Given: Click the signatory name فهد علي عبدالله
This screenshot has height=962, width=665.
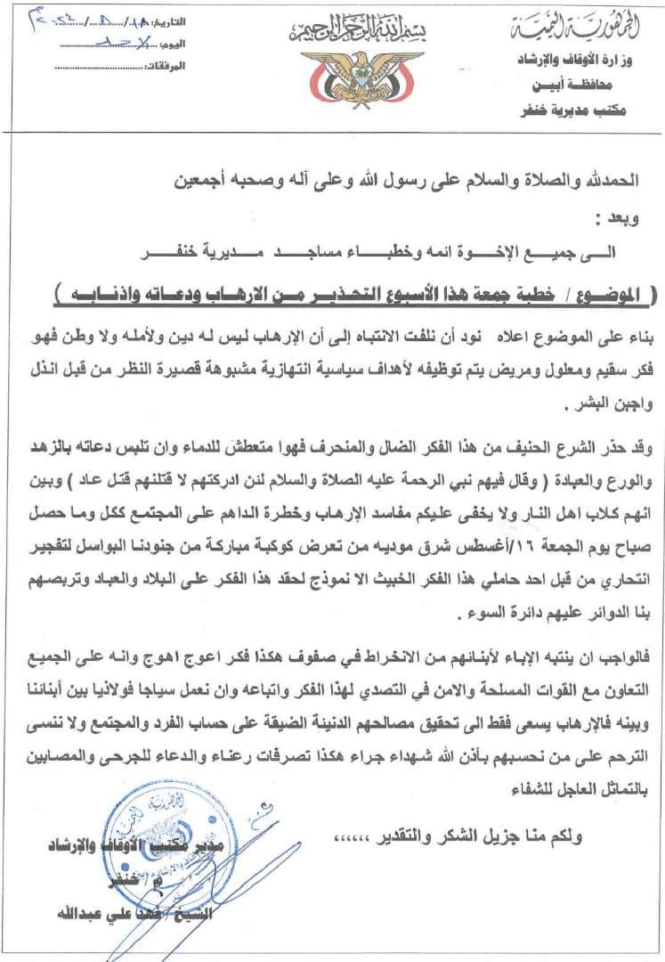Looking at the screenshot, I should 98,914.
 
